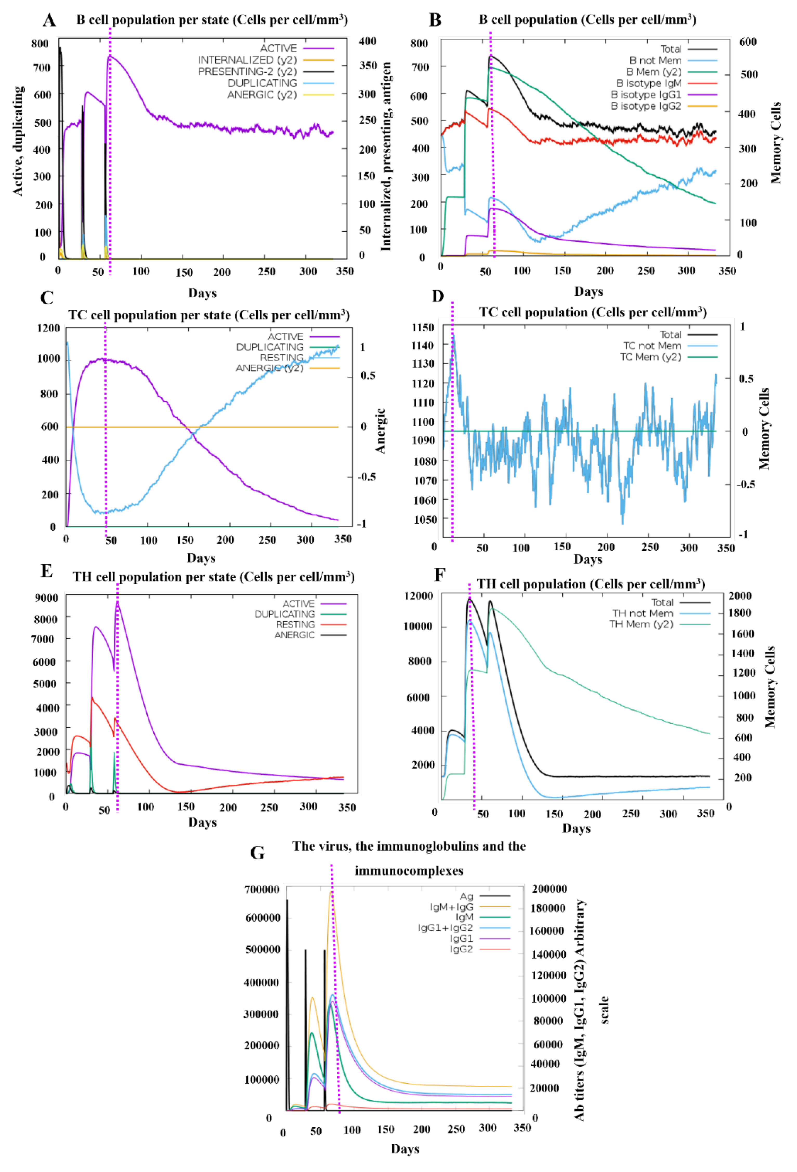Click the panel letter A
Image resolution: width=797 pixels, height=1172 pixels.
coord(49,20)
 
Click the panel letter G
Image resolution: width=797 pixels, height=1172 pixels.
coord(257,852)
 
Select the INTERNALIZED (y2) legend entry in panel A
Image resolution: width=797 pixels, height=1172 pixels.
coord(247,60)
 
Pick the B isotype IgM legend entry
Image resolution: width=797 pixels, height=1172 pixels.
coord(649,83)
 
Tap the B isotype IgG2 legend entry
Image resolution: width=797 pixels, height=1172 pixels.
coord(646,106)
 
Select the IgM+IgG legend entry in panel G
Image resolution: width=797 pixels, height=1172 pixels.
coord(452,907)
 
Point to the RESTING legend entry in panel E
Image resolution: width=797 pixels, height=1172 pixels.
coord(295,624)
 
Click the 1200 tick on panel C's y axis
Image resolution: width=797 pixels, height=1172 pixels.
coord(48,328)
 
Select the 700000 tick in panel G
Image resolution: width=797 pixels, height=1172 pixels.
coord(262,889)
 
